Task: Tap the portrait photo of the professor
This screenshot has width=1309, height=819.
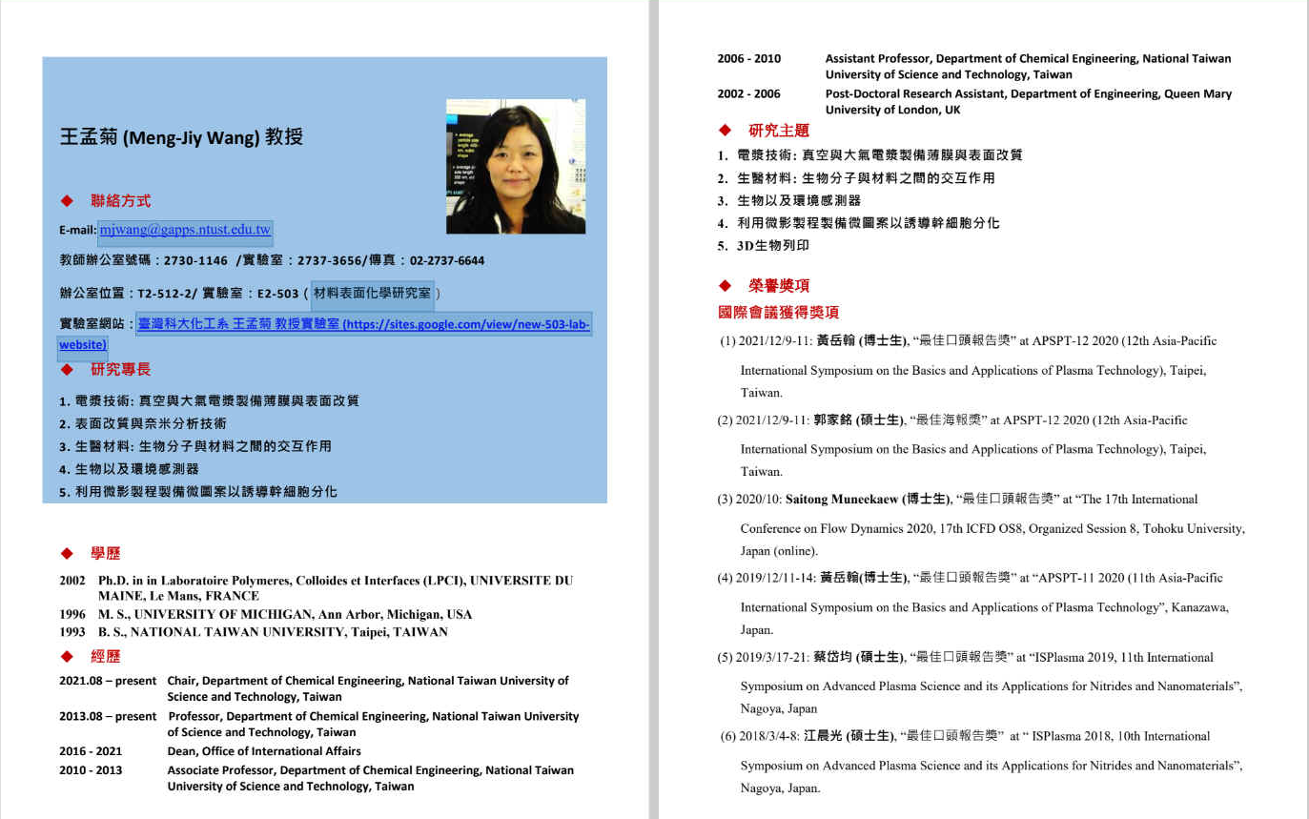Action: coord(515,167)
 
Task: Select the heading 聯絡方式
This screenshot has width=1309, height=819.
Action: coord(120,201)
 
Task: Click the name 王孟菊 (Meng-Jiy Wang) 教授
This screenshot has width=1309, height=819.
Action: coord(181,137)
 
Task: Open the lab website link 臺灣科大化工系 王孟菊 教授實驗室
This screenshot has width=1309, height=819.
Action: coord(362,325)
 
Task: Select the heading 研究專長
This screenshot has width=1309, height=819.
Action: coord(120,369)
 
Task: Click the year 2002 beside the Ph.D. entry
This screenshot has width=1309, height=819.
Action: coord(72,581)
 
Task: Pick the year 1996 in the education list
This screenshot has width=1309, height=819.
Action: coord(72,615)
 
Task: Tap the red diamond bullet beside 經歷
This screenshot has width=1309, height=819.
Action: coord(67,656)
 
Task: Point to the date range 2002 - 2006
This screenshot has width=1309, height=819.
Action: coord(748,94)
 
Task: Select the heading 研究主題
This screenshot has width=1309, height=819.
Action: coord(778,131)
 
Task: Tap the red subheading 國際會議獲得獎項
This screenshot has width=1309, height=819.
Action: coord(778,312)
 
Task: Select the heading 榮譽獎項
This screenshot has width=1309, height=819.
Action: coord(778,285)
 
